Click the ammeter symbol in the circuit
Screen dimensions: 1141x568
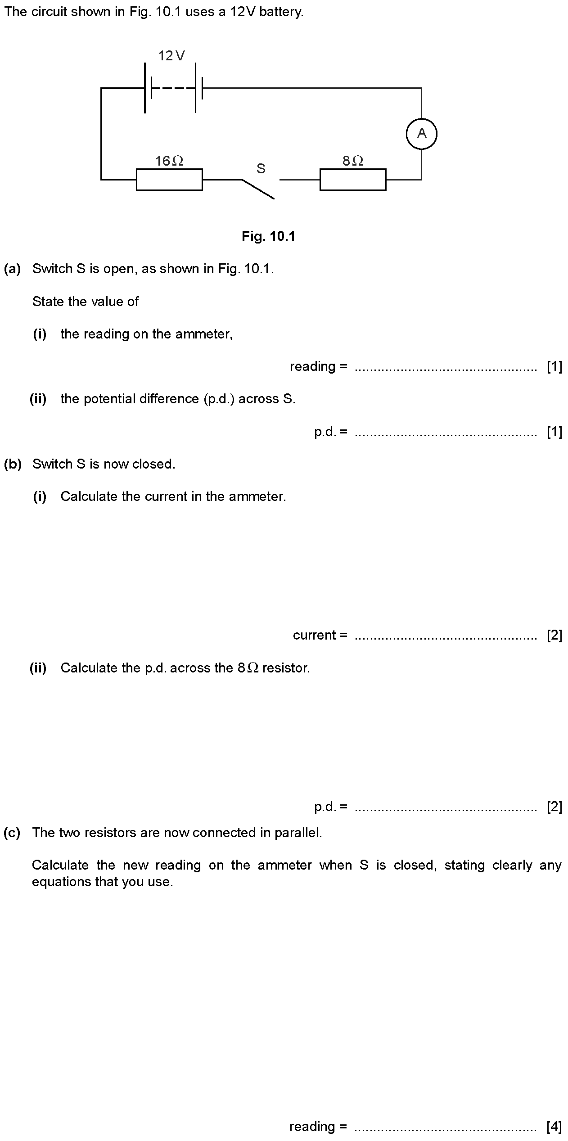coord(421,134)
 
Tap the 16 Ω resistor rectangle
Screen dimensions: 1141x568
coord(169,180)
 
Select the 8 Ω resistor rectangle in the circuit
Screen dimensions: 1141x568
coord(353,180)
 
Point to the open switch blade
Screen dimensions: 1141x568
coord(258,189)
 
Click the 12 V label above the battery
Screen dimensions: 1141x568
coord(171,56)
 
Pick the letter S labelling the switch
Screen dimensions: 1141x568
coord(261,169)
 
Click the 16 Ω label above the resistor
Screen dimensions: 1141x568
coord(169,161)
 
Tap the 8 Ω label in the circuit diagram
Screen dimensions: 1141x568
coord(353,161)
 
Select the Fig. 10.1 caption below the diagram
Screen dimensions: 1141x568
coord(268,236)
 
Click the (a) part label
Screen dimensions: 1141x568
coord(13,269)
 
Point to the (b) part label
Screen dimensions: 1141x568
coord(13,464)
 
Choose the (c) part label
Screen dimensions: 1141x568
coord(12,833)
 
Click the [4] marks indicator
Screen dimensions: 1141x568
coord(554,1127)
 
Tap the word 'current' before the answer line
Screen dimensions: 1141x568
coord(315,635)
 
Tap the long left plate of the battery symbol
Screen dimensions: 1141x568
coord(145,88)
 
